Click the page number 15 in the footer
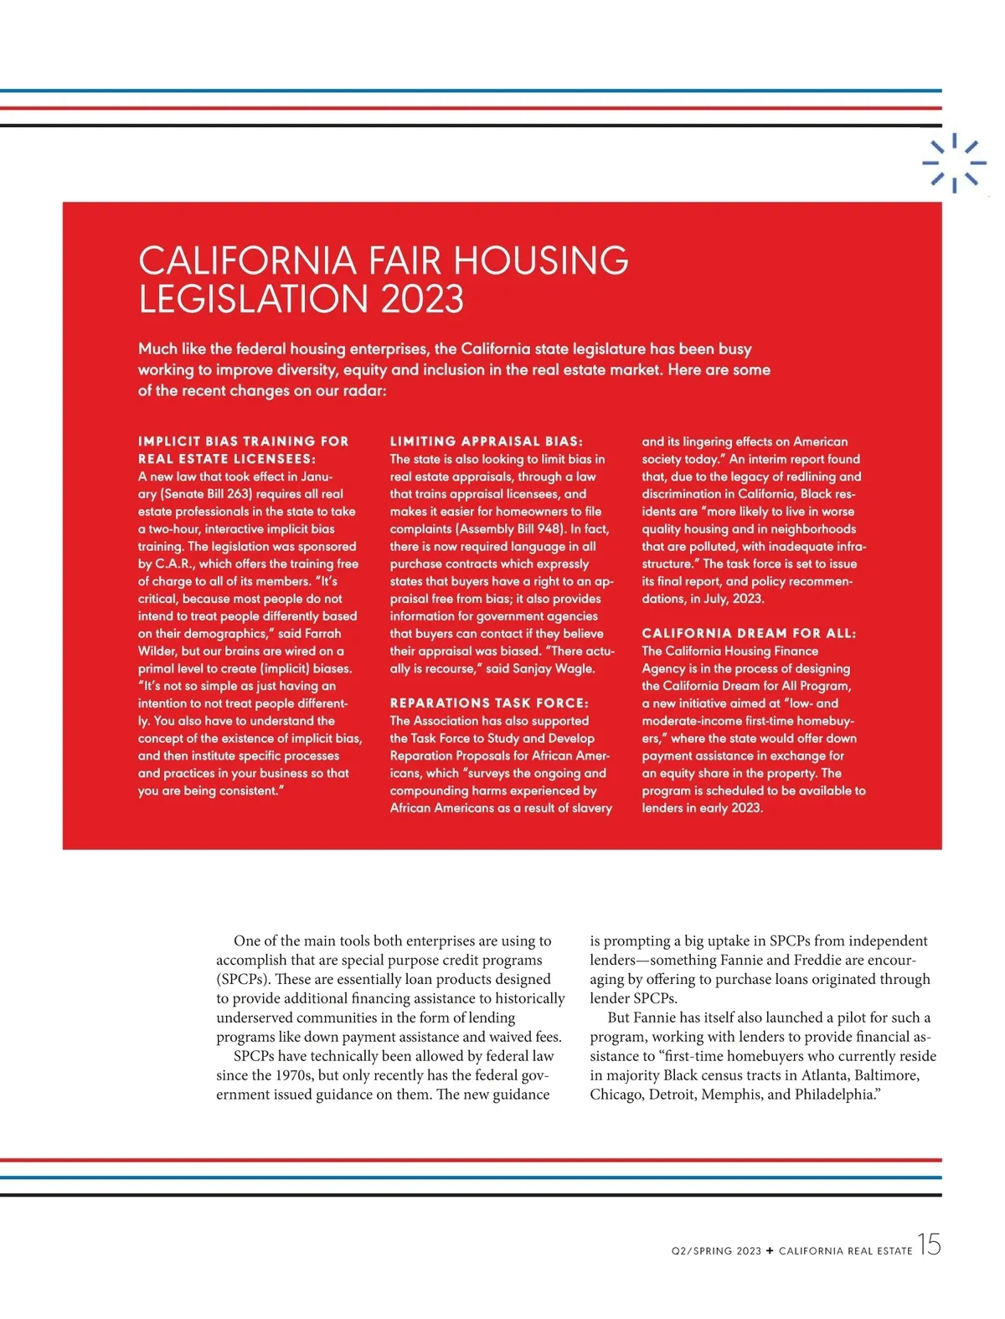click(929, 1245)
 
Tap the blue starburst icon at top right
click(954, 162)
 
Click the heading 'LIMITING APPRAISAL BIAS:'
click(486, 441)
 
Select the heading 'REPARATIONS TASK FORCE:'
click(489, 703)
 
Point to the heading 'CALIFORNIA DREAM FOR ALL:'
click(749, 633)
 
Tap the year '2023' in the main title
click(422, 300)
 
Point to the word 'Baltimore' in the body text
click(886, 1075)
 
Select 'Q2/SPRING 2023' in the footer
click(716, 1251)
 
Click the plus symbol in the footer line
click(770, 1251)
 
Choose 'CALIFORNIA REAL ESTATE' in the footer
click(845, 1251)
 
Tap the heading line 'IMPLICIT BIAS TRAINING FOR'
click(243, 441)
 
